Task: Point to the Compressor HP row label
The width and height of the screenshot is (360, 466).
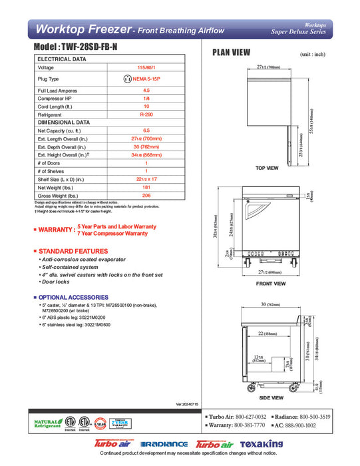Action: [56, 99]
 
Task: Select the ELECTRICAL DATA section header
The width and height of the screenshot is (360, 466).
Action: [62, 59]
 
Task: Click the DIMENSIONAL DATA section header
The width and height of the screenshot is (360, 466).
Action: [64, 122]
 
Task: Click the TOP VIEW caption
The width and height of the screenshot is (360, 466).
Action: [267, 168]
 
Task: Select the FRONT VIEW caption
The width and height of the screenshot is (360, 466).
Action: [271, 284]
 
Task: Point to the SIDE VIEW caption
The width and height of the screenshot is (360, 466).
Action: [271, 397]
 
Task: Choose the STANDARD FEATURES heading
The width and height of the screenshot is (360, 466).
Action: [69, 250]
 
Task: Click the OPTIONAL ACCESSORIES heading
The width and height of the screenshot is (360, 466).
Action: [73, 297]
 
